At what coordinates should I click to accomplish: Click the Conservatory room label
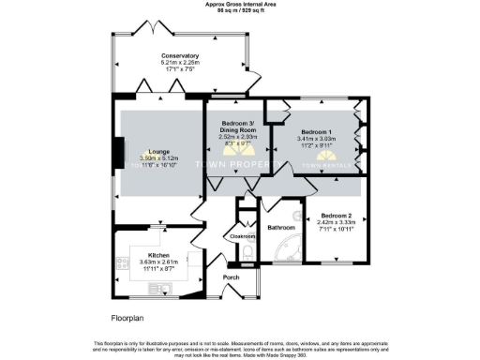click(180, 55)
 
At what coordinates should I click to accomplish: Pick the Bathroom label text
click(281, 228)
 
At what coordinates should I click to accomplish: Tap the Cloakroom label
click(243, 236)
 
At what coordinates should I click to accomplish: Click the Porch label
click(232, 278)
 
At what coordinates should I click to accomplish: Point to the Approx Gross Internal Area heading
click(240, 4)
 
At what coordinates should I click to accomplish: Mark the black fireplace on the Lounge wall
click(117, 151)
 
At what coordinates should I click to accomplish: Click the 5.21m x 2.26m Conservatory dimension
click(180, 62)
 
